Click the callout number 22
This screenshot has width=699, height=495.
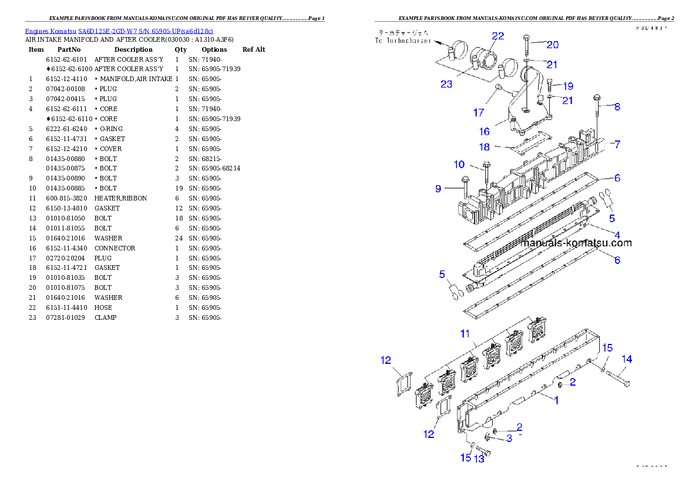click(x=498, y=36)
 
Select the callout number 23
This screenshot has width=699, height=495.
click(x=446, y=84)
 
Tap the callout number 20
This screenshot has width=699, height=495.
click(x=553, y=45)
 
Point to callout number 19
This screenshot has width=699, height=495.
click(x=568, y=86)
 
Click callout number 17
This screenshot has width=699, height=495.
click(x=479, y=112)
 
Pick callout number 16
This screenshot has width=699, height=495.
click(x=485, y=132)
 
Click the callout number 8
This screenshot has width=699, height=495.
click(x=617, y=107)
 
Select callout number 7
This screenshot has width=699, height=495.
click(x=617, y=143)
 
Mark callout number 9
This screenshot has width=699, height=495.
click(x=438, y=189)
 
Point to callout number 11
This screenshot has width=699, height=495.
click(x=465, y=334)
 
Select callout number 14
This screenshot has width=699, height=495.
click(x=627, y=359)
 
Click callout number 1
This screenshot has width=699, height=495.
click(x=556, y=399)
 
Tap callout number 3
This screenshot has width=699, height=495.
click(x=509, y=438)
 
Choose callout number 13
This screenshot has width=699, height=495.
click(x=479, y=459)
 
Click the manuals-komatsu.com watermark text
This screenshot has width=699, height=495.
click(x=576, y=243)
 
